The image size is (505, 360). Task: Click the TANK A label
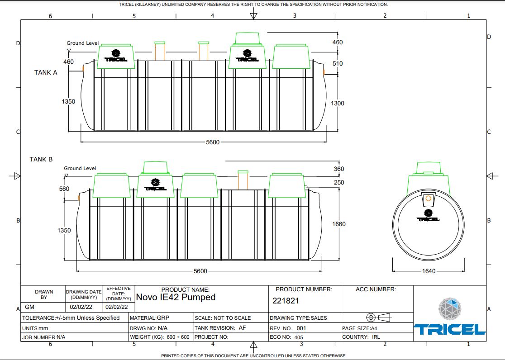pyautogui.click(x=46, y=72)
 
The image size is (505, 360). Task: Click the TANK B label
pyautogui.click(x=41, y=159)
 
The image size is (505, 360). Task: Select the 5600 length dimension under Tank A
pyautogui.click(x=212, y=142)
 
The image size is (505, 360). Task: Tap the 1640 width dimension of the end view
pyautogui.click(x=428, y=271)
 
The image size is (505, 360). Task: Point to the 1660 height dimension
pyautogui.click(x=338, y=224)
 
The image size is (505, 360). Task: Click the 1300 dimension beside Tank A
pyautogui.click(x=338, y=103)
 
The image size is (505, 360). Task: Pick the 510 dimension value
pyautogui.click(x=338, y=63)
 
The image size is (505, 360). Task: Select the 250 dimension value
pyautogui.click(x=338, y=182)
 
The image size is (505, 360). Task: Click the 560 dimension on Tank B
pyautogui.click(x=64, y=189)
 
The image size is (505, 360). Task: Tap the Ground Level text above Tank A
pyautogui.click(x=82, y=43)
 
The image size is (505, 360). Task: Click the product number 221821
pyautogui.click(x=286, y=300)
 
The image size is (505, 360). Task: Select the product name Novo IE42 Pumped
pyautogui.click(x=176, y=297)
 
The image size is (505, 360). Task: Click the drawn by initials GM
pyautogui.click(x=30, y=307)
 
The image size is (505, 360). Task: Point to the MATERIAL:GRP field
pyautogui.click(x=149, y=317)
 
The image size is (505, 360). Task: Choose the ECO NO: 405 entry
pyautogui.click(x=286, y=337)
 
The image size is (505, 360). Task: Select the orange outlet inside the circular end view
pyautogui.click(x=428, y=198)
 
